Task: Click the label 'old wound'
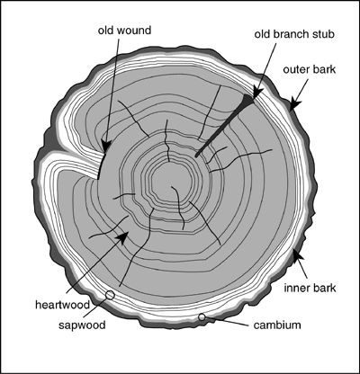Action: pos(124,31)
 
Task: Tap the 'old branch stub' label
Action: pos(294,34)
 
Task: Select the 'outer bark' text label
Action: pos(310,69)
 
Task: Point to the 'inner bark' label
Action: pos(310,288)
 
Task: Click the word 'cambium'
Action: pos(277,325)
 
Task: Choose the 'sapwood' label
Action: pos(82,325)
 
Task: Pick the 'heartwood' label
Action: pos(63,305)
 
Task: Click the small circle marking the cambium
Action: pos(202,316)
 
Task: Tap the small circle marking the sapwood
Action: pos(110,295)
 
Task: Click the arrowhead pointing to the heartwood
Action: pos(124,236)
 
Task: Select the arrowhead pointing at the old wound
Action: pos(104,146)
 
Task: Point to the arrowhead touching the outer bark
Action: pos(295,104)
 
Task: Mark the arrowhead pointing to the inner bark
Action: pos(297,255)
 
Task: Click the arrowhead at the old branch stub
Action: pos(258,93)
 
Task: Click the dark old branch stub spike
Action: pos(224,125)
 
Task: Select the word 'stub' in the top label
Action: pos(325,34)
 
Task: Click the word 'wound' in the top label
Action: pos(136,31)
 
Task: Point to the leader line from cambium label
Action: pos(228,321)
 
